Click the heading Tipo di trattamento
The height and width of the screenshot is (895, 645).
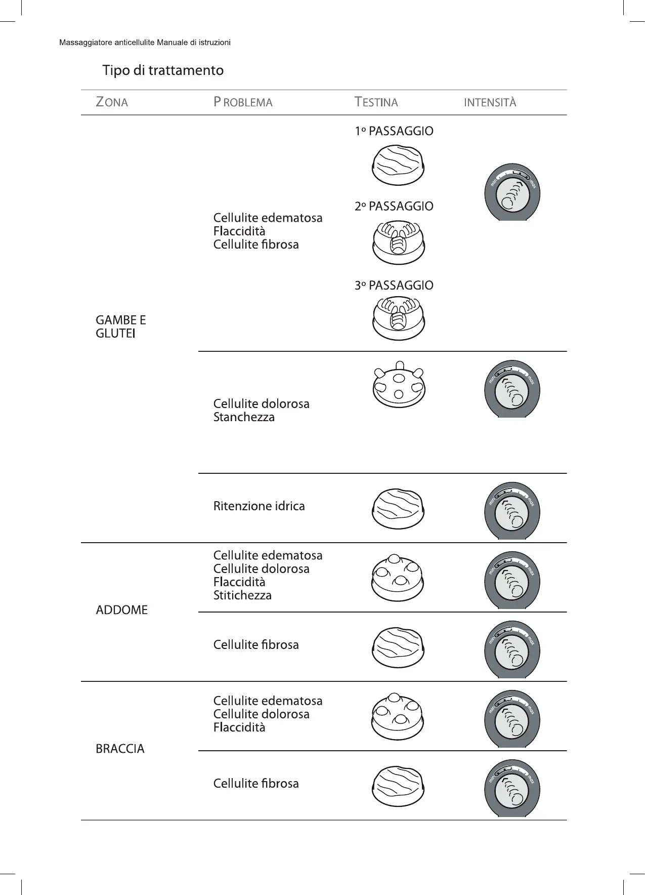163,70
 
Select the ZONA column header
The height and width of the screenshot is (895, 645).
112,102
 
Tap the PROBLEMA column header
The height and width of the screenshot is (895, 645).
243,102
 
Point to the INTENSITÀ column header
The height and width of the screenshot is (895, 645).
490,102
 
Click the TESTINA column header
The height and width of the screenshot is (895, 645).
376,102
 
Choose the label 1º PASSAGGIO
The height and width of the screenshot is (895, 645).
394,131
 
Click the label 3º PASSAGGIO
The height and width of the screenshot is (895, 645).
394,286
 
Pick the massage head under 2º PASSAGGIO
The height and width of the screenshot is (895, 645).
399,242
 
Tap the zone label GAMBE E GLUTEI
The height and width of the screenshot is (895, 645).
120,327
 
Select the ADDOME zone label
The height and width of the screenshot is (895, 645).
122,610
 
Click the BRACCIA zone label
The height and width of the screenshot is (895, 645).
120,749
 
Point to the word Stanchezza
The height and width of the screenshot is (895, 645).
244,417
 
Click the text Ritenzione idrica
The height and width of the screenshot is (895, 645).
259,506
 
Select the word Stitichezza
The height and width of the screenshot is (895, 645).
242,595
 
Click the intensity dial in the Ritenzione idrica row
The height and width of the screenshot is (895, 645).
512,510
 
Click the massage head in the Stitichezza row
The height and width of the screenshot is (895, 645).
398,578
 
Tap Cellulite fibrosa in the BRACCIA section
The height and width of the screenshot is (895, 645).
256,784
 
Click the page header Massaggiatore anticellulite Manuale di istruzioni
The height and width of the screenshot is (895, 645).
145,43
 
